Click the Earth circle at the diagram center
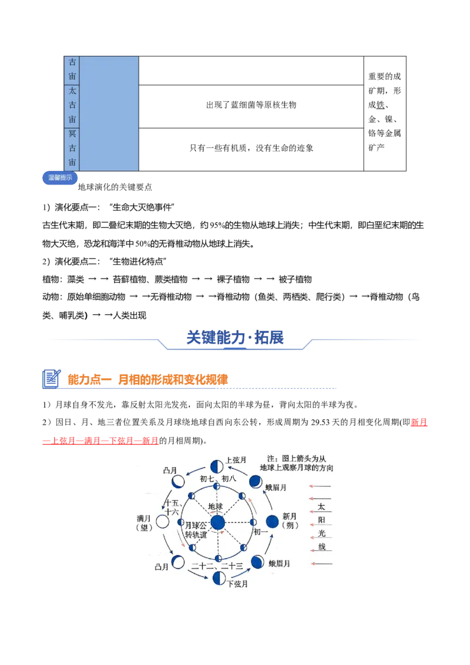pyautogui.click(x=218, y=522)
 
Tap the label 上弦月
pyautogui.click(x=236, y=460)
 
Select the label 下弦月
pyautogui.click(x=237, y=584)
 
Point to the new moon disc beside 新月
pyautogui.click(x=272, y=522)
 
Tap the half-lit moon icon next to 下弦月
pyautogui.click(x=219, y=578)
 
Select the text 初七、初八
pyautogui.click(x=218, y=479)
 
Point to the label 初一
pyautogui.click(x=260, y=532)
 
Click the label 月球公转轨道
pyautogui.click(x=196, y=530)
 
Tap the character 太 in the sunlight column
pyautogui.click(x=322, y=506)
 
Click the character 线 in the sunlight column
pyautogui.click(x=322, y=547)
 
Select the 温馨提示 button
pyautogui.click(x=60, y=178)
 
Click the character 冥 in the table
pyautogui.click(x=72, y=134)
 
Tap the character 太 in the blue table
pyautogui.click(x=72, y=91)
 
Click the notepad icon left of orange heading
pyautogui.click(x=52, y=379)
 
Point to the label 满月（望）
pyautogui.click(x=144, y=523)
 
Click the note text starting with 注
pyautogui.click(x=300, y=463)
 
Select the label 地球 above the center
pyautogui.click(x=216, y=506)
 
